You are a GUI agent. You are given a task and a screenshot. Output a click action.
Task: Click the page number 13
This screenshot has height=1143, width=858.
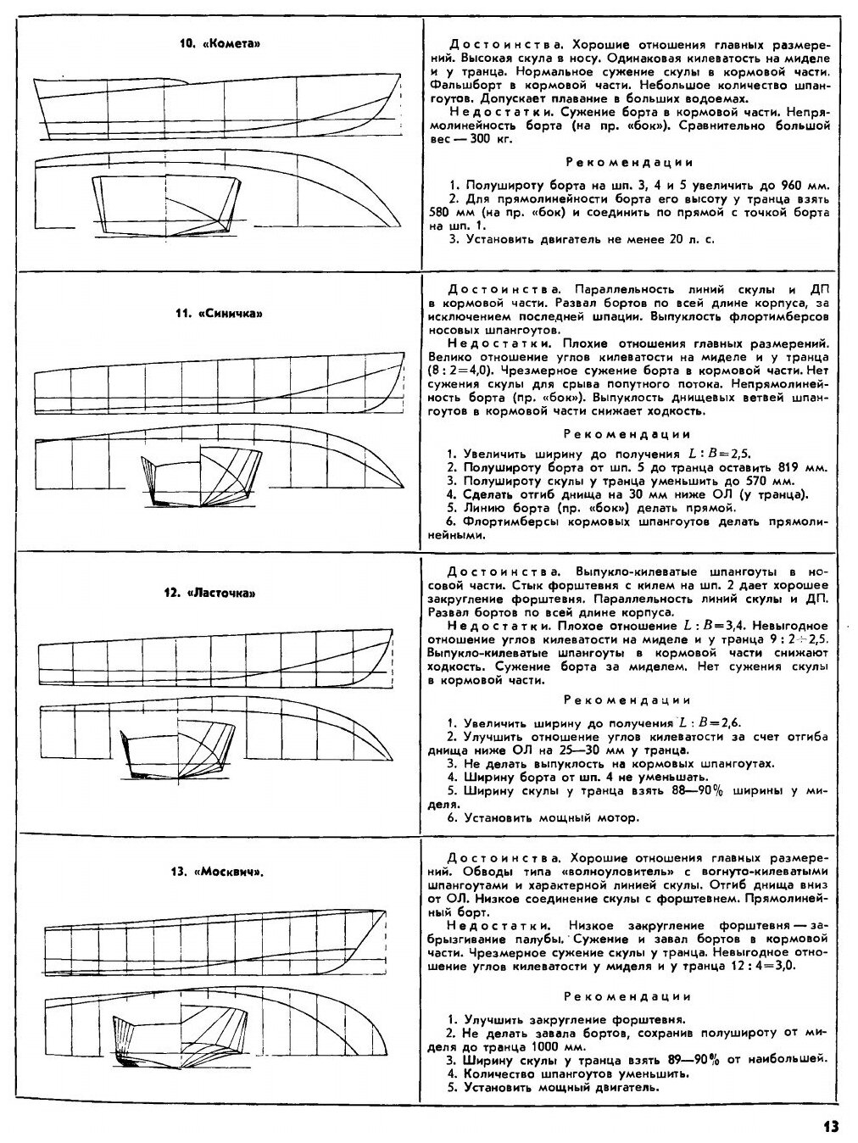[829, 1126]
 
